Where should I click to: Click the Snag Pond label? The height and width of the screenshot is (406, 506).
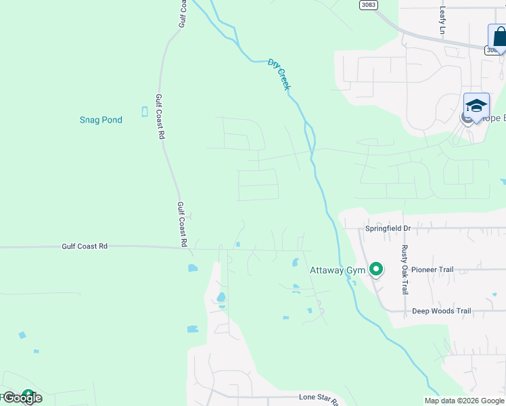101,120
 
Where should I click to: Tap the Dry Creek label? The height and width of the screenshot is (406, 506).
279,74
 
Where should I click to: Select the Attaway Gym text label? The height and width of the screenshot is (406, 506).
338,271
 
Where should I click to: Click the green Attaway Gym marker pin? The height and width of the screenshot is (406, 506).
376,270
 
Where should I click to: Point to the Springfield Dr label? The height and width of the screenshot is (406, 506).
389,229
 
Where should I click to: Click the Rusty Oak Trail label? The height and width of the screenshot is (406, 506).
405,269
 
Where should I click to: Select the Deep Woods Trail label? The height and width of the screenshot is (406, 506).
441,311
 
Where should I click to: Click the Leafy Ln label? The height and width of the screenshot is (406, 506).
443,20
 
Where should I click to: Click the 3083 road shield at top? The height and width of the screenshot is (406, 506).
369,5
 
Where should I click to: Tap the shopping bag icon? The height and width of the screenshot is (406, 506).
498,37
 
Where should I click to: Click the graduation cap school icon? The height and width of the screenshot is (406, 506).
476,107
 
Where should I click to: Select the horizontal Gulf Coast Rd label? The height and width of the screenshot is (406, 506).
85,247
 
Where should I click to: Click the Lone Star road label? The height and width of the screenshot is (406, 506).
318,400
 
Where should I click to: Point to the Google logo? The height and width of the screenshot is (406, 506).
22,399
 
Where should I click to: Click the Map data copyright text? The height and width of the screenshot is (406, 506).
464,401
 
